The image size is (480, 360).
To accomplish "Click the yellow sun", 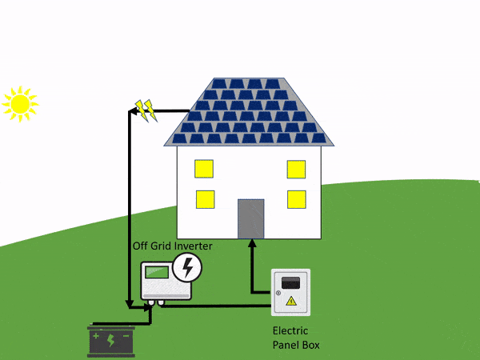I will point(19,103).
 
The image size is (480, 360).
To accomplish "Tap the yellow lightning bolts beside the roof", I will point(146,110).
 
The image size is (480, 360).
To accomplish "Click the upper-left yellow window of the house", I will point(204,169).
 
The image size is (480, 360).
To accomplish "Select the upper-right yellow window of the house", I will point(296,169).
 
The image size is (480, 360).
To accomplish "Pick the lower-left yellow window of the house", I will point(204,199).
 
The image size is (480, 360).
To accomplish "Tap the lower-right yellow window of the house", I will point(296,199).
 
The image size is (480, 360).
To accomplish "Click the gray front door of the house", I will point(250,218).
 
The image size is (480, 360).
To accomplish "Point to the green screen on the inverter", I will point(157,272).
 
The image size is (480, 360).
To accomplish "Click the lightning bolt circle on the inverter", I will point(188,267).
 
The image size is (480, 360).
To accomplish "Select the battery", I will point(111,339).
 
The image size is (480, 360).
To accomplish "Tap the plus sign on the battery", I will point(97,336).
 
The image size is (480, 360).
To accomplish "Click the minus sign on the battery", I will point(126,336).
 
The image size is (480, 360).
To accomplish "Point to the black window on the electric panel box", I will point(291,282).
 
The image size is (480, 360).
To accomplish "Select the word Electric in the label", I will point(290,330).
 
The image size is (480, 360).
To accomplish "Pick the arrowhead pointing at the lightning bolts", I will point(133,111).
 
